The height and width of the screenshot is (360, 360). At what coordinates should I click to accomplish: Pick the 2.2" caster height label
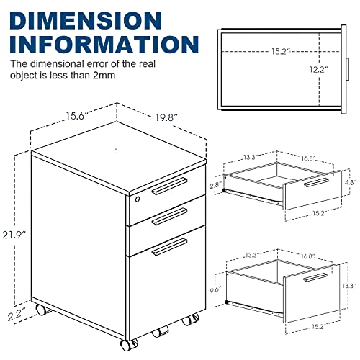(x=16, y=314)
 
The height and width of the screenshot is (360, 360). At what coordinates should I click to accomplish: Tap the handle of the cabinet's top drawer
(x=168, y=187)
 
